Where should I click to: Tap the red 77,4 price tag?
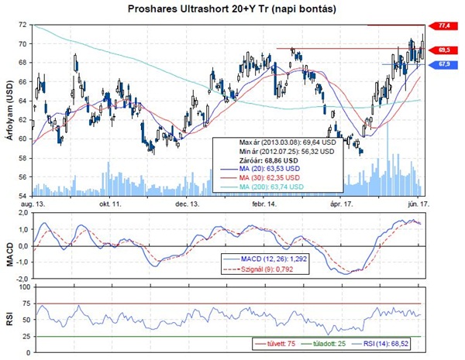444,26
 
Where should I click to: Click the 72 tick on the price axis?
24,26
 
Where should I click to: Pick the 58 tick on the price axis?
24,158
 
